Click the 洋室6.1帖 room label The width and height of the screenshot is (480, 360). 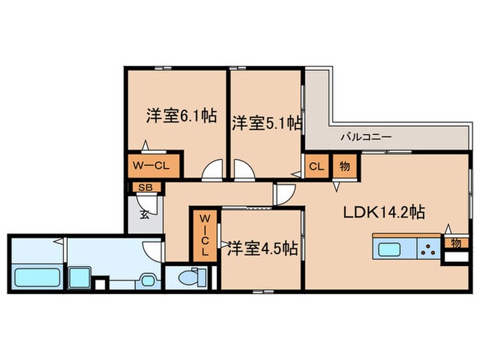click(181, 116)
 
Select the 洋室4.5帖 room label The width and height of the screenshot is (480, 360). click(263, 247)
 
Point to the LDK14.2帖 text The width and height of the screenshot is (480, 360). click(384, 212)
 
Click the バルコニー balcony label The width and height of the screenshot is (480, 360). click(367, 137)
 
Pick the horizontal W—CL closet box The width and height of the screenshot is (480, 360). click(152, 165)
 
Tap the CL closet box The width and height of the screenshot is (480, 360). click(316, 167)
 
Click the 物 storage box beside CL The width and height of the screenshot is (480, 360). click(344, 167)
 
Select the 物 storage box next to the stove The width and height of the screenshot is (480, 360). click(455, 243)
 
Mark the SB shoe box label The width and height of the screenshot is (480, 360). click(145, 187)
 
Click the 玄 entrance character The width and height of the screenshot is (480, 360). click(145, 213)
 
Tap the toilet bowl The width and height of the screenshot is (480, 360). click(190, 278)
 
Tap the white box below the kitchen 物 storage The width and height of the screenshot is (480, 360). click(454, 259)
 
